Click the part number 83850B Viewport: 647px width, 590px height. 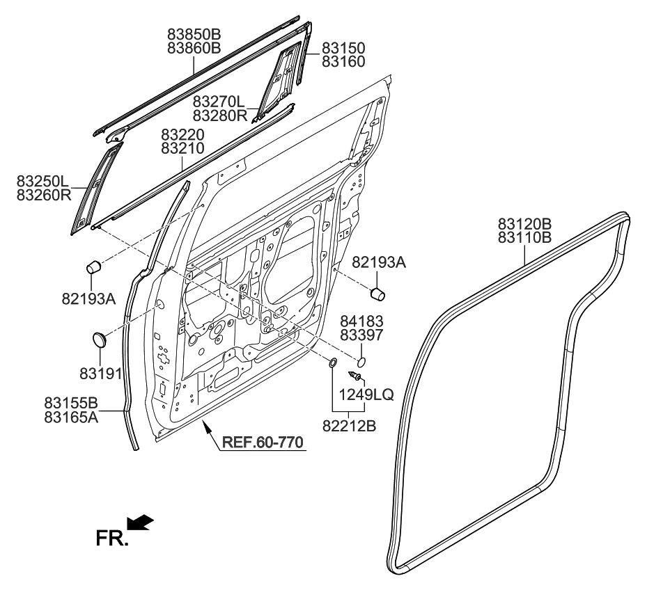194,33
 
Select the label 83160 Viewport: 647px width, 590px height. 343,61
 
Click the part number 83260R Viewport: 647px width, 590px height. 44,196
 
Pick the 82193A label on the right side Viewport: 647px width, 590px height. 379,262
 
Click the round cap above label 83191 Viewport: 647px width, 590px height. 102,340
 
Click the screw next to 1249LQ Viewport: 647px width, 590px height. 357,376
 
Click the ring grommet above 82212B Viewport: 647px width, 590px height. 333,362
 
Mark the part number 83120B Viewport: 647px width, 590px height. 524,224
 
